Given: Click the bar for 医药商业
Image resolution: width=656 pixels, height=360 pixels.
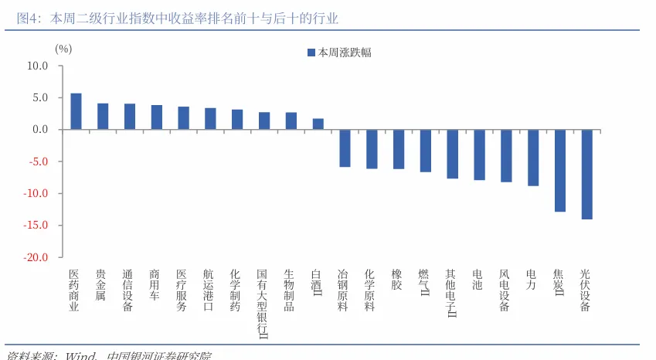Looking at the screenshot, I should tap(76, 111).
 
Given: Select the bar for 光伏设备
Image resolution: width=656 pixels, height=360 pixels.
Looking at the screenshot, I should tap(586, 175).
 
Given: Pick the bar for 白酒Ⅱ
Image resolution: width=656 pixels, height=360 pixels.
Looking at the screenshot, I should tap(318, 124).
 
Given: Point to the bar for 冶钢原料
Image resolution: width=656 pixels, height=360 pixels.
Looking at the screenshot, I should tap(345, 148).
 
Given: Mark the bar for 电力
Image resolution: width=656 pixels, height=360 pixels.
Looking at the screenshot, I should tap(533, 158).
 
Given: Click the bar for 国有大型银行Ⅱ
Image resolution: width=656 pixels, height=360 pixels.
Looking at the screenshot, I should tap(264, 121).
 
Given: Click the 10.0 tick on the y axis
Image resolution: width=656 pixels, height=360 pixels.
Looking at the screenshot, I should tap(37, 66).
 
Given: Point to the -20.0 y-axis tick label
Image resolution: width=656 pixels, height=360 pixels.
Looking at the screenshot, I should tap(35, 257).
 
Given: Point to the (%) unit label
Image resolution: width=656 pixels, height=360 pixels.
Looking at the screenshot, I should tap(63, 49).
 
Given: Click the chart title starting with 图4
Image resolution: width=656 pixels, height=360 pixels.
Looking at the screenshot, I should tap(178, 18).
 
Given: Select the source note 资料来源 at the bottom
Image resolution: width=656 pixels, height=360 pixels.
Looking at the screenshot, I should tap(108, 355).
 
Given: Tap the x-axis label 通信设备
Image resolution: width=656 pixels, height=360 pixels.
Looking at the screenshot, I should tap(128, 290).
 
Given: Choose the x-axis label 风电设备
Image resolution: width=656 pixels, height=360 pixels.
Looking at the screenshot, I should tap(505, 290).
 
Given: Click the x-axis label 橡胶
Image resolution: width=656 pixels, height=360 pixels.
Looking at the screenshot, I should tap(397, 280).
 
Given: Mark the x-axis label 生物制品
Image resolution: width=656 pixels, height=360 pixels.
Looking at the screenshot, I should tap(290, 290).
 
